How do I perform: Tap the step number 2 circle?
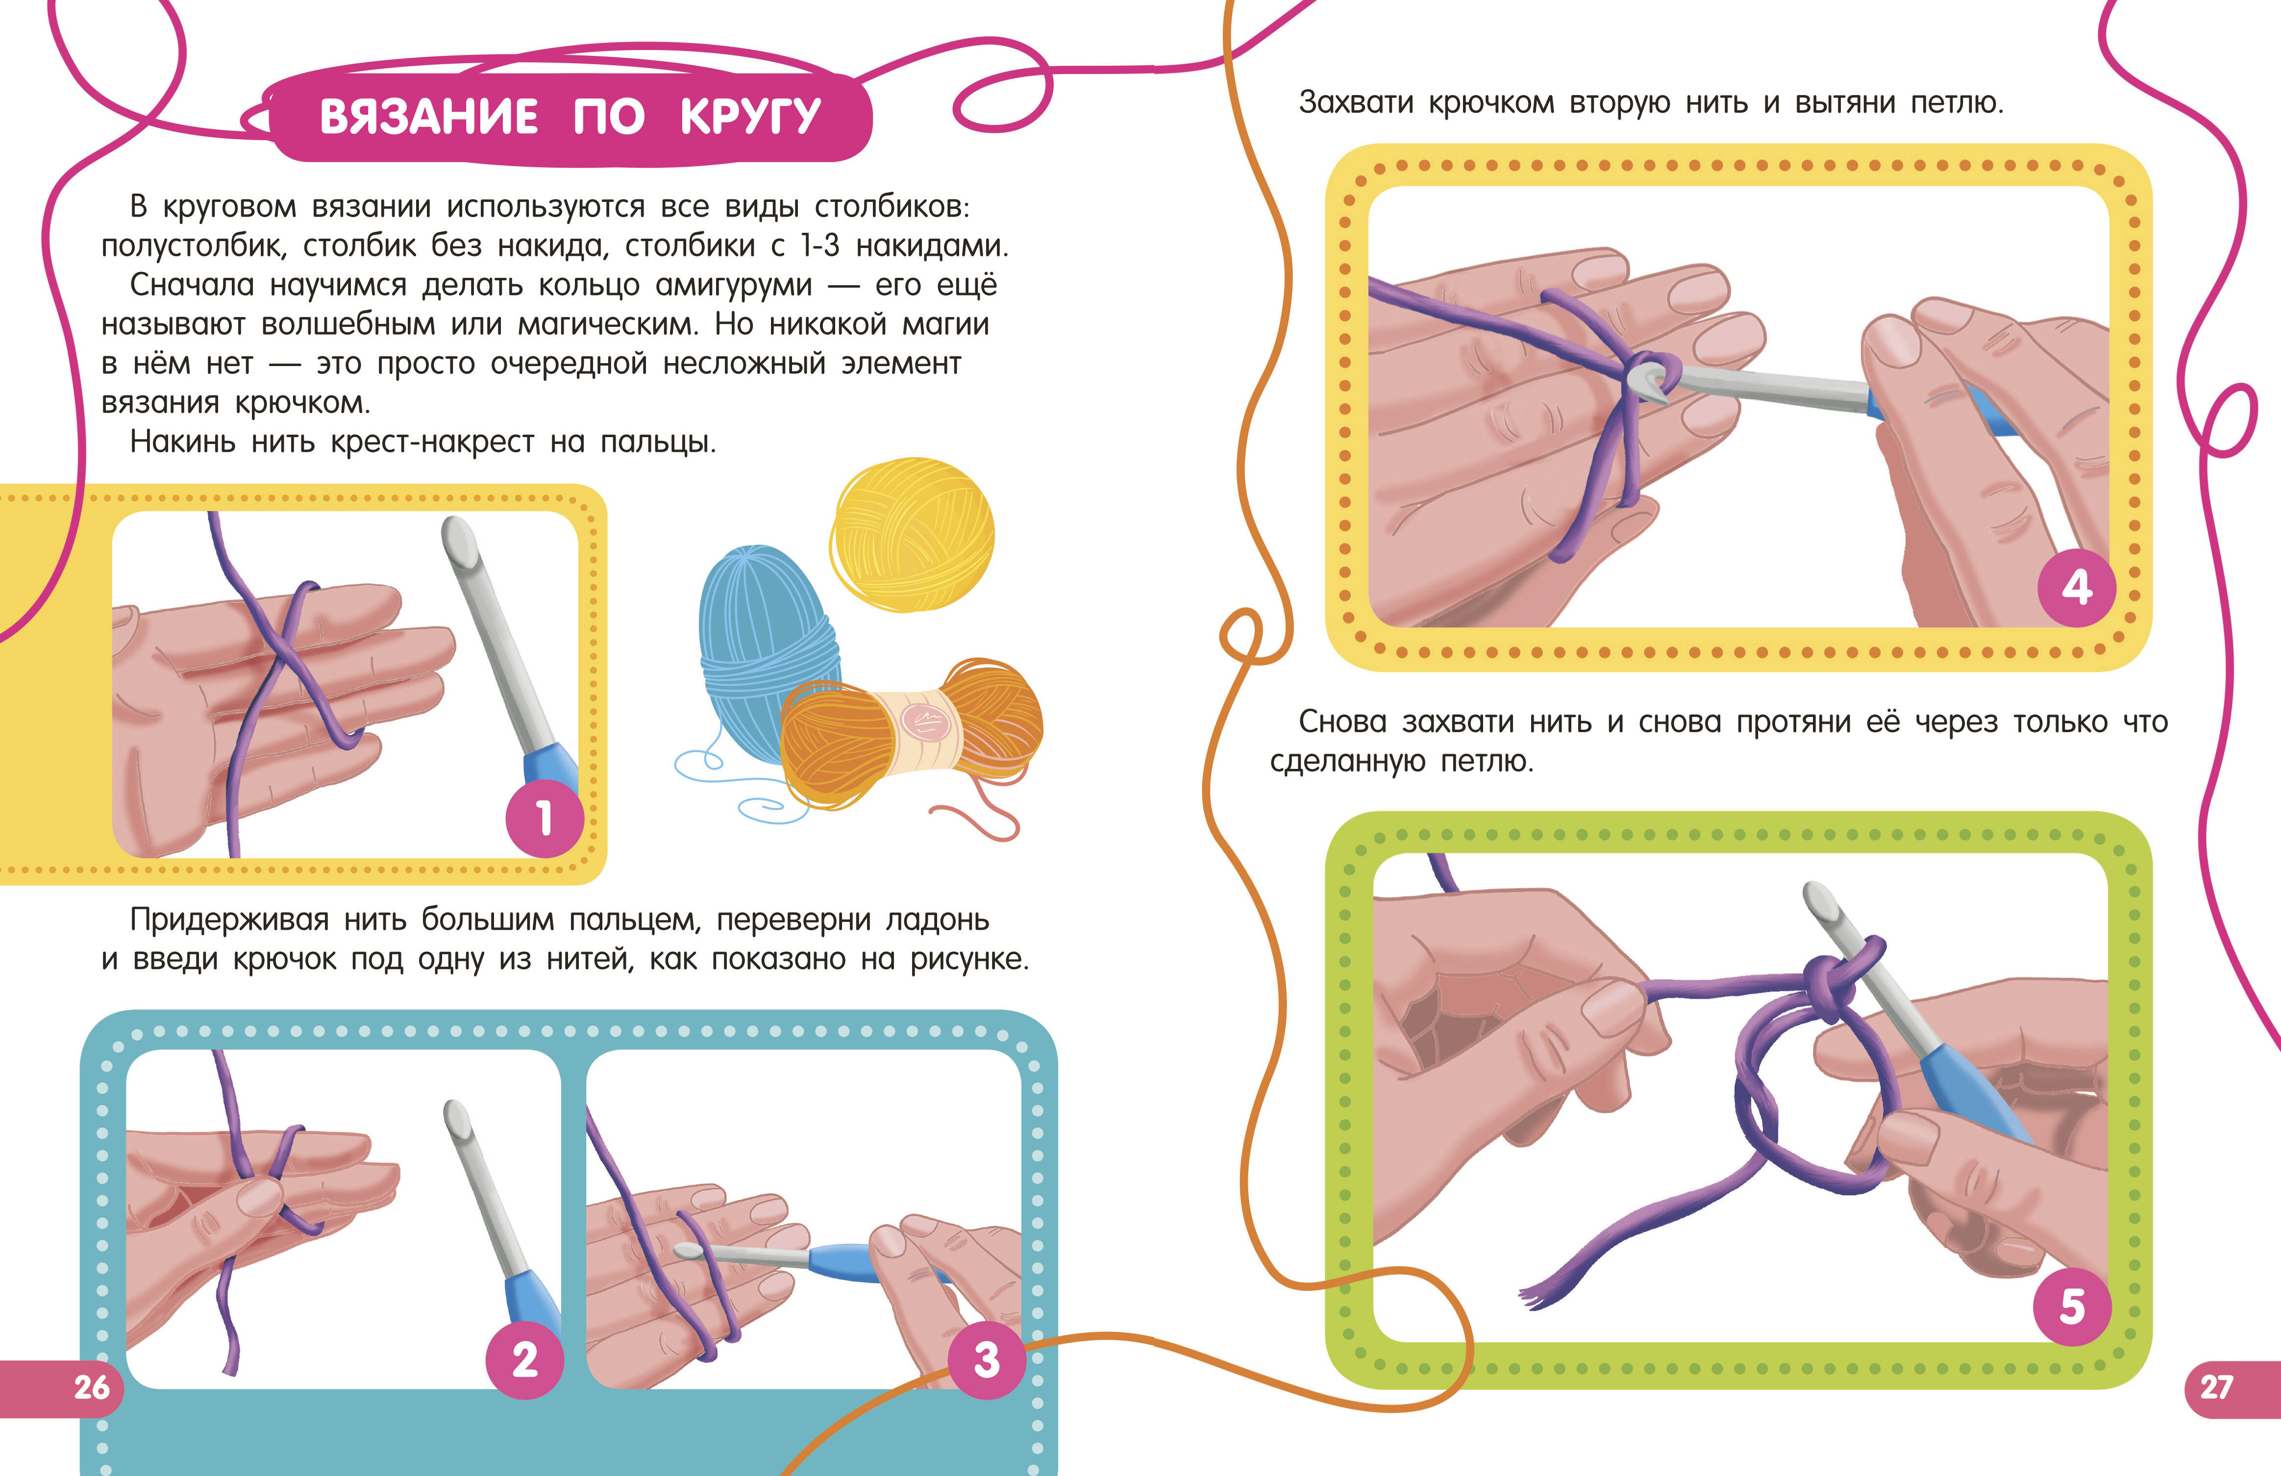click(524, 1359)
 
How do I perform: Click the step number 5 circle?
click(2072, 1305)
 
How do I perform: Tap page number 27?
click(2216, 1387)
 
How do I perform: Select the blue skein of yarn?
click(767, 652)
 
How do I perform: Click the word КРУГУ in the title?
click(750, 117)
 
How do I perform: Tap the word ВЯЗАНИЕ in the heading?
click(428, 117)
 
